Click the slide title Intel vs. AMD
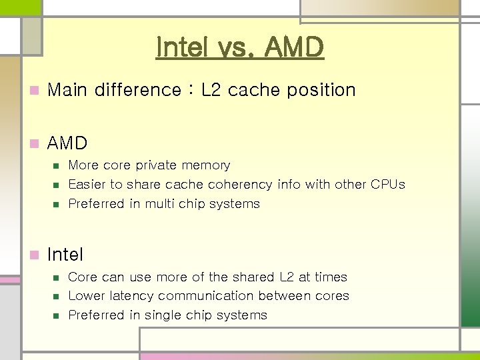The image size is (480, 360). click(239, 47)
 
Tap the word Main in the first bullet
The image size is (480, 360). click(67, 89)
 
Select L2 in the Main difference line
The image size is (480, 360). click(211, 89)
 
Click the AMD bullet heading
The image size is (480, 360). click(67, 143)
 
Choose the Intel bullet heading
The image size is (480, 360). click(65, 254)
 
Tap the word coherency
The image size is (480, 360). click(235, 185)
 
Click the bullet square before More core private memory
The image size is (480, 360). click(56, 165)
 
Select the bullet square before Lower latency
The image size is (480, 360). click(56, 296)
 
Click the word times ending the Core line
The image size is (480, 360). click(331, 277)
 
